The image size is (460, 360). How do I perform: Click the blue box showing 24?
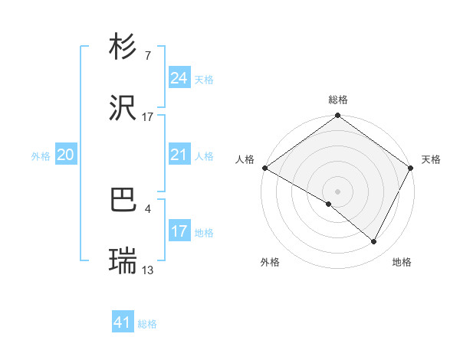pos(179,78)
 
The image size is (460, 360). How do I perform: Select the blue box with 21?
pos(179,155)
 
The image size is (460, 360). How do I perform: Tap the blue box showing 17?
pos(179,232)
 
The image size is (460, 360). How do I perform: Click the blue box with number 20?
pos(65,155)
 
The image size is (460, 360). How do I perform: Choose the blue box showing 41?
pos(123,323)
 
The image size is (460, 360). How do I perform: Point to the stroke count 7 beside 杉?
pos(147,55)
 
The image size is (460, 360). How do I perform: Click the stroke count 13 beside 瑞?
pos(148,270)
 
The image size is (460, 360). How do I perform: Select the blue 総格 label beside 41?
pos(147,324)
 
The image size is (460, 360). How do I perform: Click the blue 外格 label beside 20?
pos(41,156)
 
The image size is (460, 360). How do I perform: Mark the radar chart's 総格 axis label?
pos(338,100)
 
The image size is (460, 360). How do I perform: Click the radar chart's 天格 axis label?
pos(431,159)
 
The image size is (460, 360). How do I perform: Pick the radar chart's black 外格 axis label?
pos(270,262)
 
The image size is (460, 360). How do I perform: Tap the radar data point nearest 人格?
pos(264,168)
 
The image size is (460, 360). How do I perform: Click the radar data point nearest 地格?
pos(374,242)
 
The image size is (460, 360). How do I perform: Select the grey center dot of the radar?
pos(338,191)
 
